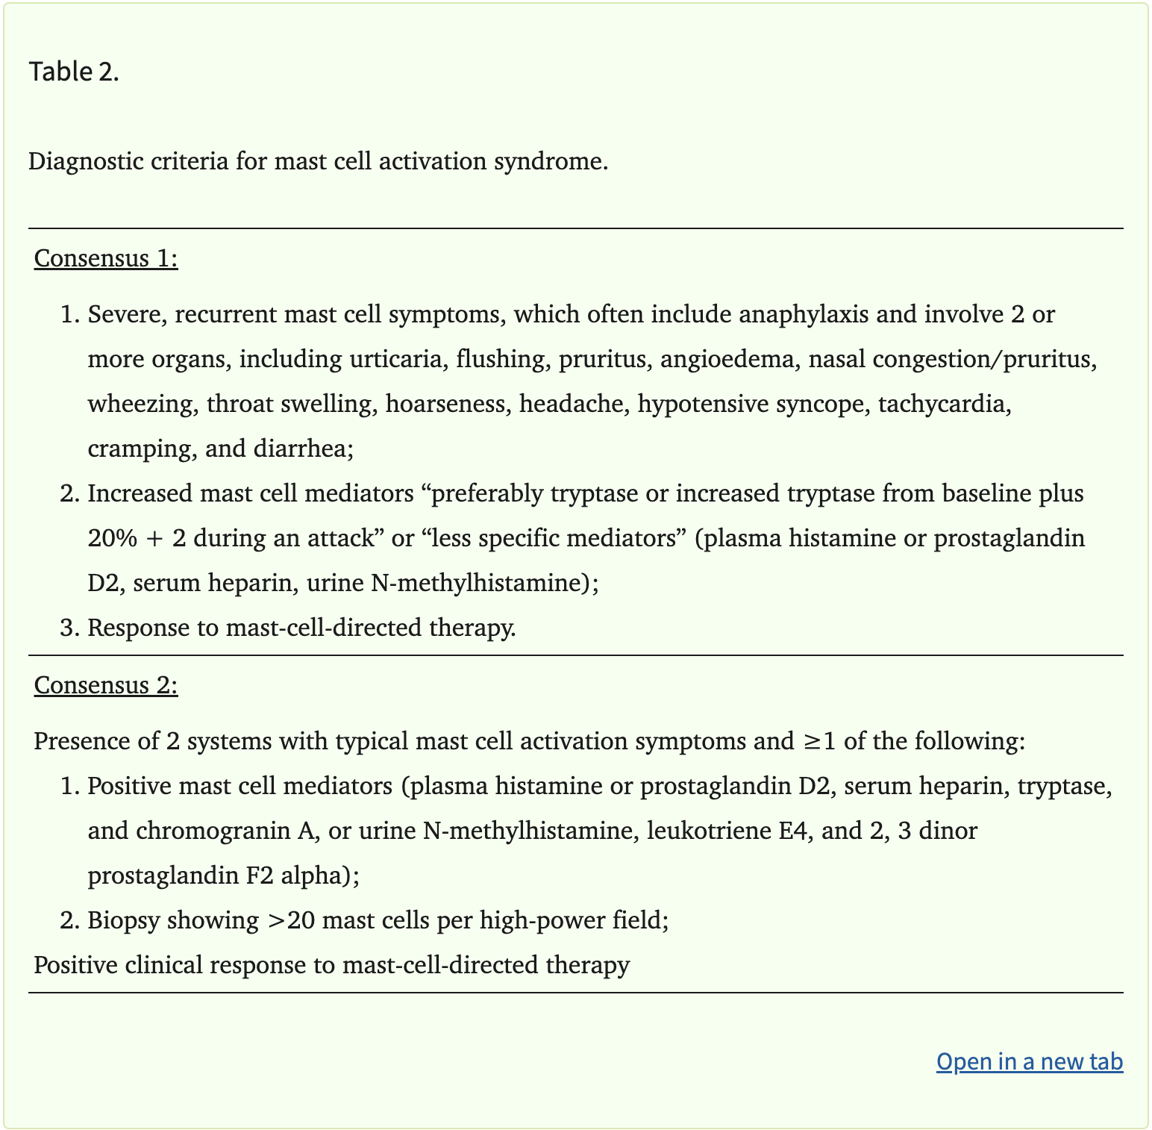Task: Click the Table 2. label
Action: coord(74,72)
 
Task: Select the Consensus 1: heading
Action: coord(106,258)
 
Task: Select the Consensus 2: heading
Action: coord(106,685)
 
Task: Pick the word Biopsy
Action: coord(124,920)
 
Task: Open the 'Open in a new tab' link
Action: coord(1029,1061)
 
